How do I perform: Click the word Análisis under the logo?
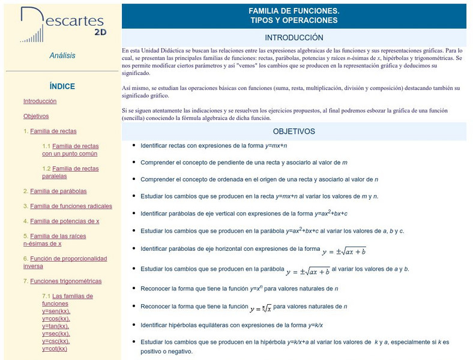click(x=62, y=56)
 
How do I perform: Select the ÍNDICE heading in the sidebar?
click(x=62, y=86)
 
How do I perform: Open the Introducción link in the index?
click(x=40, y=101)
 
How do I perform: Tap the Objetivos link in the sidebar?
click(x=36, y=116)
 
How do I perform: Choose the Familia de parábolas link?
click(x=58, y=191)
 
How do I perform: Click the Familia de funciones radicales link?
click(x=71, y=206)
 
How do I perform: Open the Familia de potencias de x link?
click(x=65, y=221)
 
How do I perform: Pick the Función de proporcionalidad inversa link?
click(x=65, y=262)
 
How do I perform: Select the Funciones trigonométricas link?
click(x=65, y=281)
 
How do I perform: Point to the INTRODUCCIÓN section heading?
click(x=294, y=37)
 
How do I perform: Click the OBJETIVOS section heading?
click(x=294, y=131)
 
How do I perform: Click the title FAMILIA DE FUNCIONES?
click(x=294, y=11)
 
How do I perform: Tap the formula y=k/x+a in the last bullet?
click(x=306, y=342)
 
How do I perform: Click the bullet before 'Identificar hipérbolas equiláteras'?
click(x=133, y=325)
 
